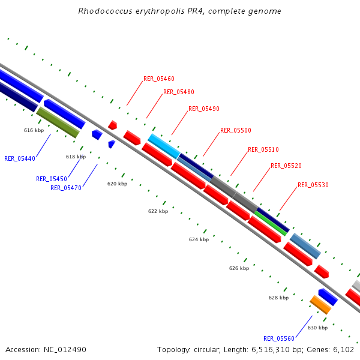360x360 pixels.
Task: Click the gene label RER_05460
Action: pos(158,79)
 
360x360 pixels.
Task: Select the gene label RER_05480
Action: pos(178,92)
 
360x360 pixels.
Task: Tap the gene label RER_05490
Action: pos(204,109)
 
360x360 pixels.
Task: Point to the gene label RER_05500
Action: pos(235,130)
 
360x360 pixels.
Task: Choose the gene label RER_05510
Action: pos(263,149)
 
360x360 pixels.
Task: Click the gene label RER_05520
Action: pos(286,166)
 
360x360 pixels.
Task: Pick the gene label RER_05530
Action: pos(313,185)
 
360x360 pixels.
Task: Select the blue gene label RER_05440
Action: pos(20,158)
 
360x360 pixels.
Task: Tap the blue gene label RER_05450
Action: pos(51,179)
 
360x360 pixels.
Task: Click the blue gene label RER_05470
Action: pos(66,188)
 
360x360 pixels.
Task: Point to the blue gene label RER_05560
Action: pos(279,338)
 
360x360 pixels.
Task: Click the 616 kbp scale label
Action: pos(34,130)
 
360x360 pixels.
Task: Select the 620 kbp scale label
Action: pos(117,184)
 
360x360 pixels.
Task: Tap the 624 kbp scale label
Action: pos(199,239)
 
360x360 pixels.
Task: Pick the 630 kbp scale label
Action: pos(317,328)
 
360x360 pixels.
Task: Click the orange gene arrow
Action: pos(320,305)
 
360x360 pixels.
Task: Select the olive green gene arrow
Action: pos(58,122)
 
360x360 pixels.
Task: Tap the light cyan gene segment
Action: pos(163,146)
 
